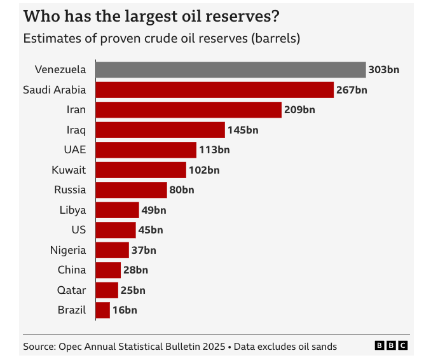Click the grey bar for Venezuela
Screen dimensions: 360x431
[x=230, y=70]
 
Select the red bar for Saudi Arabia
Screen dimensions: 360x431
[x=214, y=90]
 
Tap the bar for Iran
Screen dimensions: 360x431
[x=188, y=110]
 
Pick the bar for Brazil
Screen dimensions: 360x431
[x=102, y=310]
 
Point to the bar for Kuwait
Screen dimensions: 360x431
[x=140, y=170]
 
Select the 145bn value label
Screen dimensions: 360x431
[x=243, y=130]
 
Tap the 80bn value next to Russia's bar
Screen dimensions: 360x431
[x=182, y=190]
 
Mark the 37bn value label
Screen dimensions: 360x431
[x=144, y=250]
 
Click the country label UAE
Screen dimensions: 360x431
[x=74, y=150]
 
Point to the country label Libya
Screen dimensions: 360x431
[x=72, y=210]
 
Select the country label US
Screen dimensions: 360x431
[x=79, y=230]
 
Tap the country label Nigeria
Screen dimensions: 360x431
[x=68, y=250]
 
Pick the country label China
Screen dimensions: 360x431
[x=71, y=270]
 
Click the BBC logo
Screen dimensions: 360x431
[x=392, y=345]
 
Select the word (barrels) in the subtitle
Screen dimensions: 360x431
[x=276, y=38]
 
